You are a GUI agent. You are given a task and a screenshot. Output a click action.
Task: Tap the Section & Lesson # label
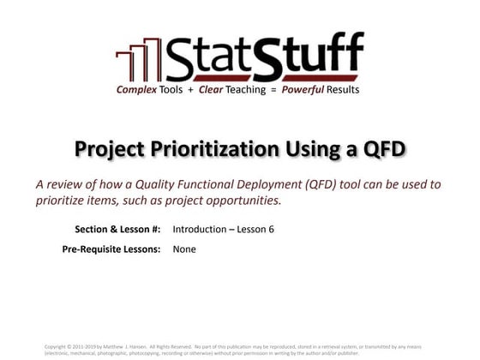coord(119,229)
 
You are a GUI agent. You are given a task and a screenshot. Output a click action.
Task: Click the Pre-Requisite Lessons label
coord(111,249)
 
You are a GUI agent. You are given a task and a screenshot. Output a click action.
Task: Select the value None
coord(183,249)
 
